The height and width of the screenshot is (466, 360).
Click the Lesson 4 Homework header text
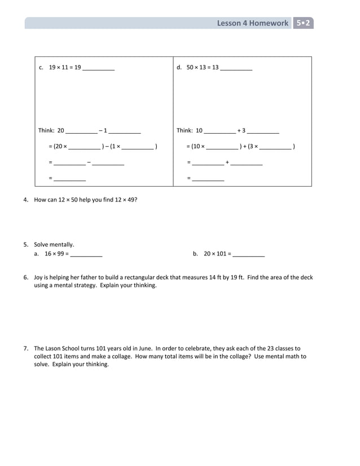pyautogui.click(x=252, y=23)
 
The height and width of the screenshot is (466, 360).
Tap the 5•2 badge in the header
pyautogui.click(x=304, y=23)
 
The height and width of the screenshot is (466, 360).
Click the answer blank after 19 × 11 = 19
pyautogui.click(x=98, y=68)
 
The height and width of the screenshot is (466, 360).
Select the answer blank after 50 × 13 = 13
pyautogui.click(x=236, y=68)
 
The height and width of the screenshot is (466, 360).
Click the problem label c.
pyautogui.click(x=41, y=68)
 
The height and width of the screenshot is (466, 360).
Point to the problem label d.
pyautogui.click(x=179, y=68)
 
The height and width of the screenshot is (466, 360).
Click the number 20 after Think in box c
pyautogui.click(x=61, y=130)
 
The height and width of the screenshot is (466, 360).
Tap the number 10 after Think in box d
pyautogui.click(x=199, y=130)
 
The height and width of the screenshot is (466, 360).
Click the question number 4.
pyautogui.click(x=26, y=200)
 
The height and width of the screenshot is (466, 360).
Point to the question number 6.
pyautogui.click(x=26, y=278)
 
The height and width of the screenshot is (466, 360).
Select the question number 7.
pyautogui.click(x=26, y=349)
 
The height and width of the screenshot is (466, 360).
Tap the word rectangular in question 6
pyautogui.click(x=143, y=278)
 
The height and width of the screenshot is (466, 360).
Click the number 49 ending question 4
pyautogui.click(x=132, y=200)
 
